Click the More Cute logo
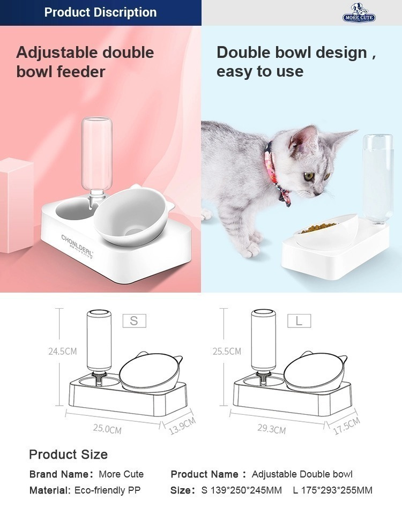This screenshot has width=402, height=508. coord(359,13)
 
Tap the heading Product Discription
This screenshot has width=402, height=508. coord(100,12)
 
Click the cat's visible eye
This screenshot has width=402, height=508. coord(309,177)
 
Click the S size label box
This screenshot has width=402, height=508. coord(134,321)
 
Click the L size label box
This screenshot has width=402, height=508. coord(299,321)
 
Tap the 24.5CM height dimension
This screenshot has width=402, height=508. coord(63,351)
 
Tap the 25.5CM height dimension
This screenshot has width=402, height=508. coord(227,351)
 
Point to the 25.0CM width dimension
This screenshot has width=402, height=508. coord(107,429)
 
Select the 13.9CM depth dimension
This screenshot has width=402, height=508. coord(182,425)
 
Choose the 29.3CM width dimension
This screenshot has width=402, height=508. coord(272,429)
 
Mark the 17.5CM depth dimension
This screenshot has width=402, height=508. coord(347,425)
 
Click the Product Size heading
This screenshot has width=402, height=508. coord(69,454)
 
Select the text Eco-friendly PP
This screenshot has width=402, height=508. coord(108,490)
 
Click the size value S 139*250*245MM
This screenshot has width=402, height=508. coord(242,490)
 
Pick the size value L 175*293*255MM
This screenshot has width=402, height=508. coord(333,490)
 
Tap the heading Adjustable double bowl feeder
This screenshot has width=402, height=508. coord(85,62)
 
